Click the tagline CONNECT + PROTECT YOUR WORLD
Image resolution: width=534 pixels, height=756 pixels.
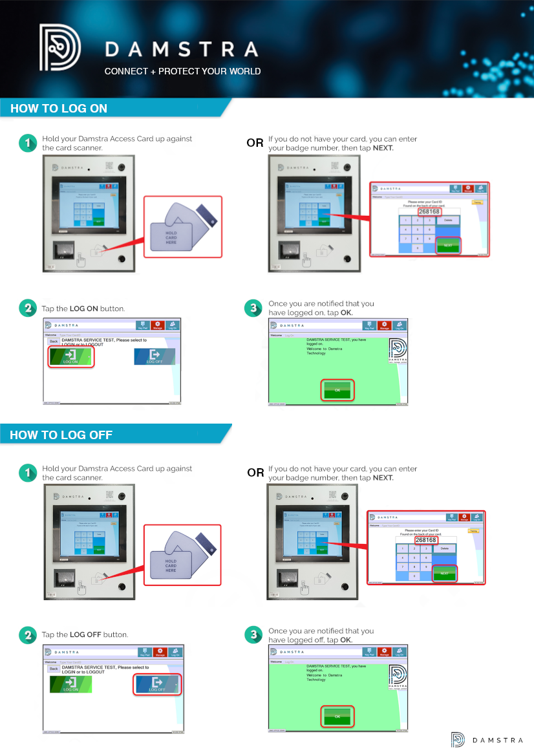click(182, 71)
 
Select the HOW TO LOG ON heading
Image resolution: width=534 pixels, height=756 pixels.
click(59, 109)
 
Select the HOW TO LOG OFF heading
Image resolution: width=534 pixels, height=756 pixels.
click(61, 435)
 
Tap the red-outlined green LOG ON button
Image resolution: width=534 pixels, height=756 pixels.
click(71, 356)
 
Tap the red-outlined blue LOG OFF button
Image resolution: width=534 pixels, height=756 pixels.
click(156, 684)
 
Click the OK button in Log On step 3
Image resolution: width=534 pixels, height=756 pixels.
click(337, 390)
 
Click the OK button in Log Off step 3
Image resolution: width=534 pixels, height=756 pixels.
click(337, 717)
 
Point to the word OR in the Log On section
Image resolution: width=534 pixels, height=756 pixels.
click(255, 144)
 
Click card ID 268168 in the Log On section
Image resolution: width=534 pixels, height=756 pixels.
click(429, 211)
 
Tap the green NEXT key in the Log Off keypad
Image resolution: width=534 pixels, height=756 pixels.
click(444, 573)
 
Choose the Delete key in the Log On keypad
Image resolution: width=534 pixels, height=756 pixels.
click(448, 221)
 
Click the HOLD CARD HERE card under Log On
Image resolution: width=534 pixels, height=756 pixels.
click(171, 237)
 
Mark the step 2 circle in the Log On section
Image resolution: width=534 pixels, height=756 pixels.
click(27, 308)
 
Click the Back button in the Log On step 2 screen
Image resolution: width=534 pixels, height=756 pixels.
click(54, 341)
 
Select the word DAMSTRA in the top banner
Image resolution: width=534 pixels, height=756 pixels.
click(182, 50)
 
